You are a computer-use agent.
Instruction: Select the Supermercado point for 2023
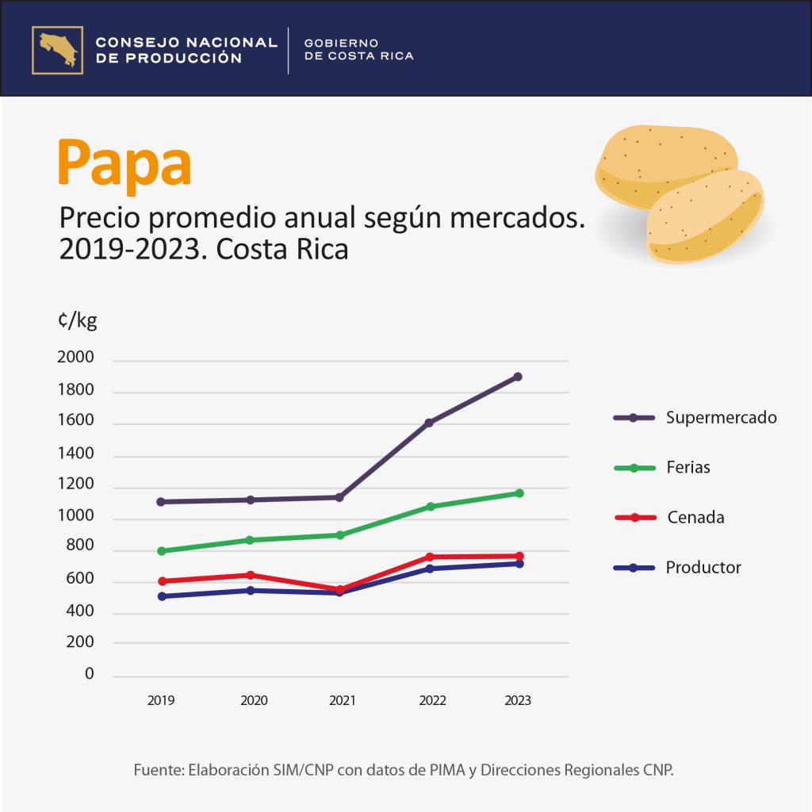coord(518,377)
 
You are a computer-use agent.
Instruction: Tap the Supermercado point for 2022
coord(429,423)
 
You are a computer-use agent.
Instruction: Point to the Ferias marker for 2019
coord(161,551)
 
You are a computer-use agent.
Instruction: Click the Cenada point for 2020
coord(251,575)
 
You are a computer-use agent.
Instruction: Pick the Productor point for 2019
coord(161,596)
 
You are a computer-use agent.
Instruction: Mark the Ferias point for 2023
coord(519,493)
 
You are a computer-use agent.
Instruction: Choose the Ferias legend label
coord(688,468)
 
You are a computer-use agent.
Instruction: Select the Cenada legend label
coord(695,518)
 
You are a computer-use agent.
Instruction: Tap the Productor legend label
coord(703,568)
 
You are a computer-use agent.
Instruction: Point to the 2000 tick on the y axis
coord(76,358)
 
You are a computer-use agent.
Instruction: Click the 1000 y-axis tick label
coord(76,517)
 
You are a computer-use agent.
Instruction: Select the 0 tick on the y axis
coord(90,674)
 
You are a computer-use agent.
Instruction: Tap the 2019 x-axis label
coord(161,701)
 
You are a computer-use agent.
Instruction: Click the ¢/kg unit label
coord(77,321)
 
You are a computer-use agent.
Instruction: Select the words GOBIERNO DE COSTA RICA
coord(359,49)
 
